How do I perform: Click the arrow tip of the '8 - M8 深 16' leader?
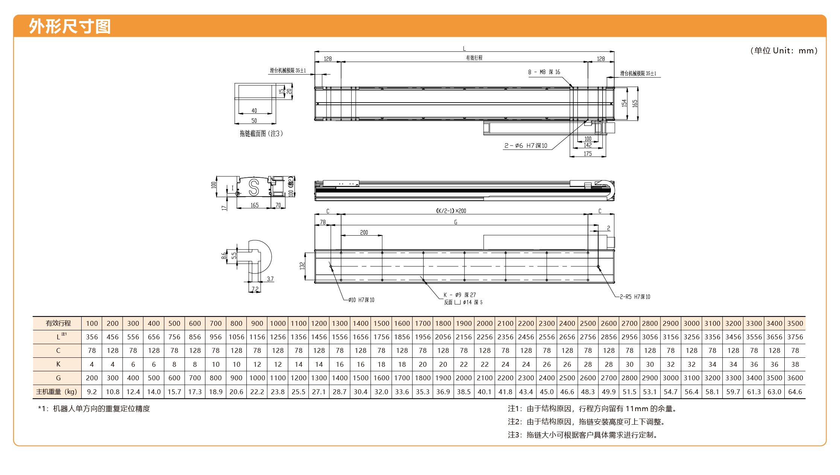(572, 87)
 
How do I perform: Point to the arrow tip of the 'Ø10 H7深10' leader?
(331, 266)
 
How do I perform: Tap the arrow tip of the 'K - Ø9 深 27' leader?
(423, 280)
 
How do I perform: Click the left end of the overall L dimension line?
(315, 51)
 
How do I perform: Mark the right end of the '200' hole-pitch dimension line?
(382, 236)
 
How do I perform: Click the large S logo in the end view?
(254, 187)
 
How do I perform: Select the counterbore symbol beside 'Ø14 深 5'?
(457, 302)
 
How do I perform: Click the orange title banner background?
(420, 26)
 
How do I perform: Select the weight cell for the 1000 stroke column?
(278, 392)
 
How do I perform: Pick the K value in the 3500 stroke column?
(795, 364)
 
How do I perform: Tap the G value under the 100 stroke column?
(92, 378)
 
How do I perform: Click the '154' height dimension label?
(624, 103)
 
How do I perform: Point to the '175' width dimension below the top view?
(588, 154)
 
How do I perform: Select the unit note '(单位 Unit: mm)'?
(784, 51)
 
